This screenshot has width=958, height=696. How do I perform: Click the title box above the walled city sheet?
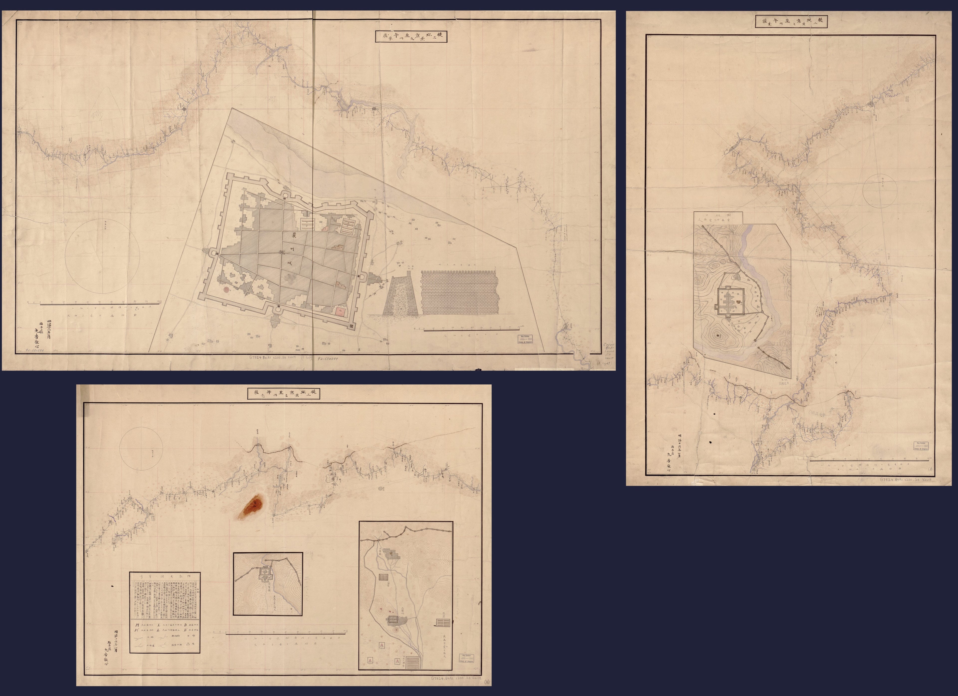411,35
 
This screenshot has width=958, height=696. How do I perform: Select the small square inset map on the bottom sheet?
268,584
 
